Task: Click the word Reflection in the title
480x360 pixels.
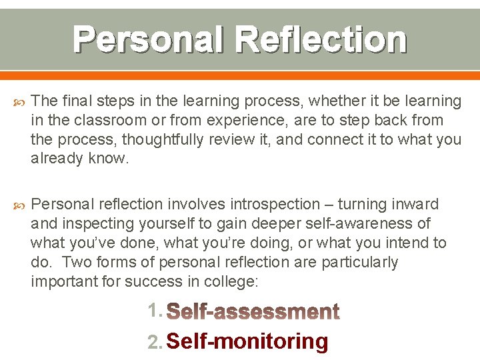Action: click(x=321, y=39)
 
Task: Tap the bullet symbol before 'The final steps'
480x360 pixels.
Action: click(x=19, y=101)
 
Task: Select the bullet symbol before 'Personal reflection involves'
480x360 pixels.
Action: click(x=19, y=205)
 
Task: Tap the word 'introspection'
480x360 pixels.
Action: click(x=275, y=204)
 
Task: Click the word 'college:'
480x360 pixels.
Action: click(x=233, y=281)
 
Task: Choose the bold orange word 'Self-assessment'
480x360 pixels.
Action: click(x=253, y=311)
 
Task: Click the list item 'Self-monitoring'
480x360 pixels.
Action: click(x=247, y=341)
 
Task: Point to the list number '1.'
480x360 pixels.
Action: click(x=155, y=311)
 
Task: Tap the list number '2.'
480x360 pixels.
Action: click(x=155, y=342)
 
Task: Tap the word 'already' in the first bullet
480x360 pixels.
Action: click(x=58, y=159)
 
